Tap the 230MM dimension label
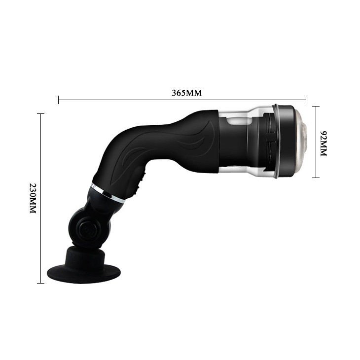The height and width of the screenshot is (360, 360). pyautogui.click(x=33, y=198)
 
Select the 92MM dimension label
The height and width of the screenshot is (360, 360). pyautogui.click(x=324, y=144)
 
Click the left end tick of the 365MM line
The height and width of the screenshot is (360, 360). pyautogui.click(x=59, y=100)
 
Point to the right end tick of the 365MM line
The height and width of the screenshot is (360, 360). pyautogui.click(x=306, y=100)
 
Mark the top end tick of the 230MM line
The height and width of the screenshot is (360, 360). pyautogui.click(x=40, y=114)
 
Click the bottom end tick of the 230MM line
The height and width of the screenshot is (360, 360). pyautogui.click(x=40, y=283)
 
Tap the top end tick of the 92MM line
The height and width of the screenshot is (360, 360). pyautogui.click(x=317, y=106)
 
